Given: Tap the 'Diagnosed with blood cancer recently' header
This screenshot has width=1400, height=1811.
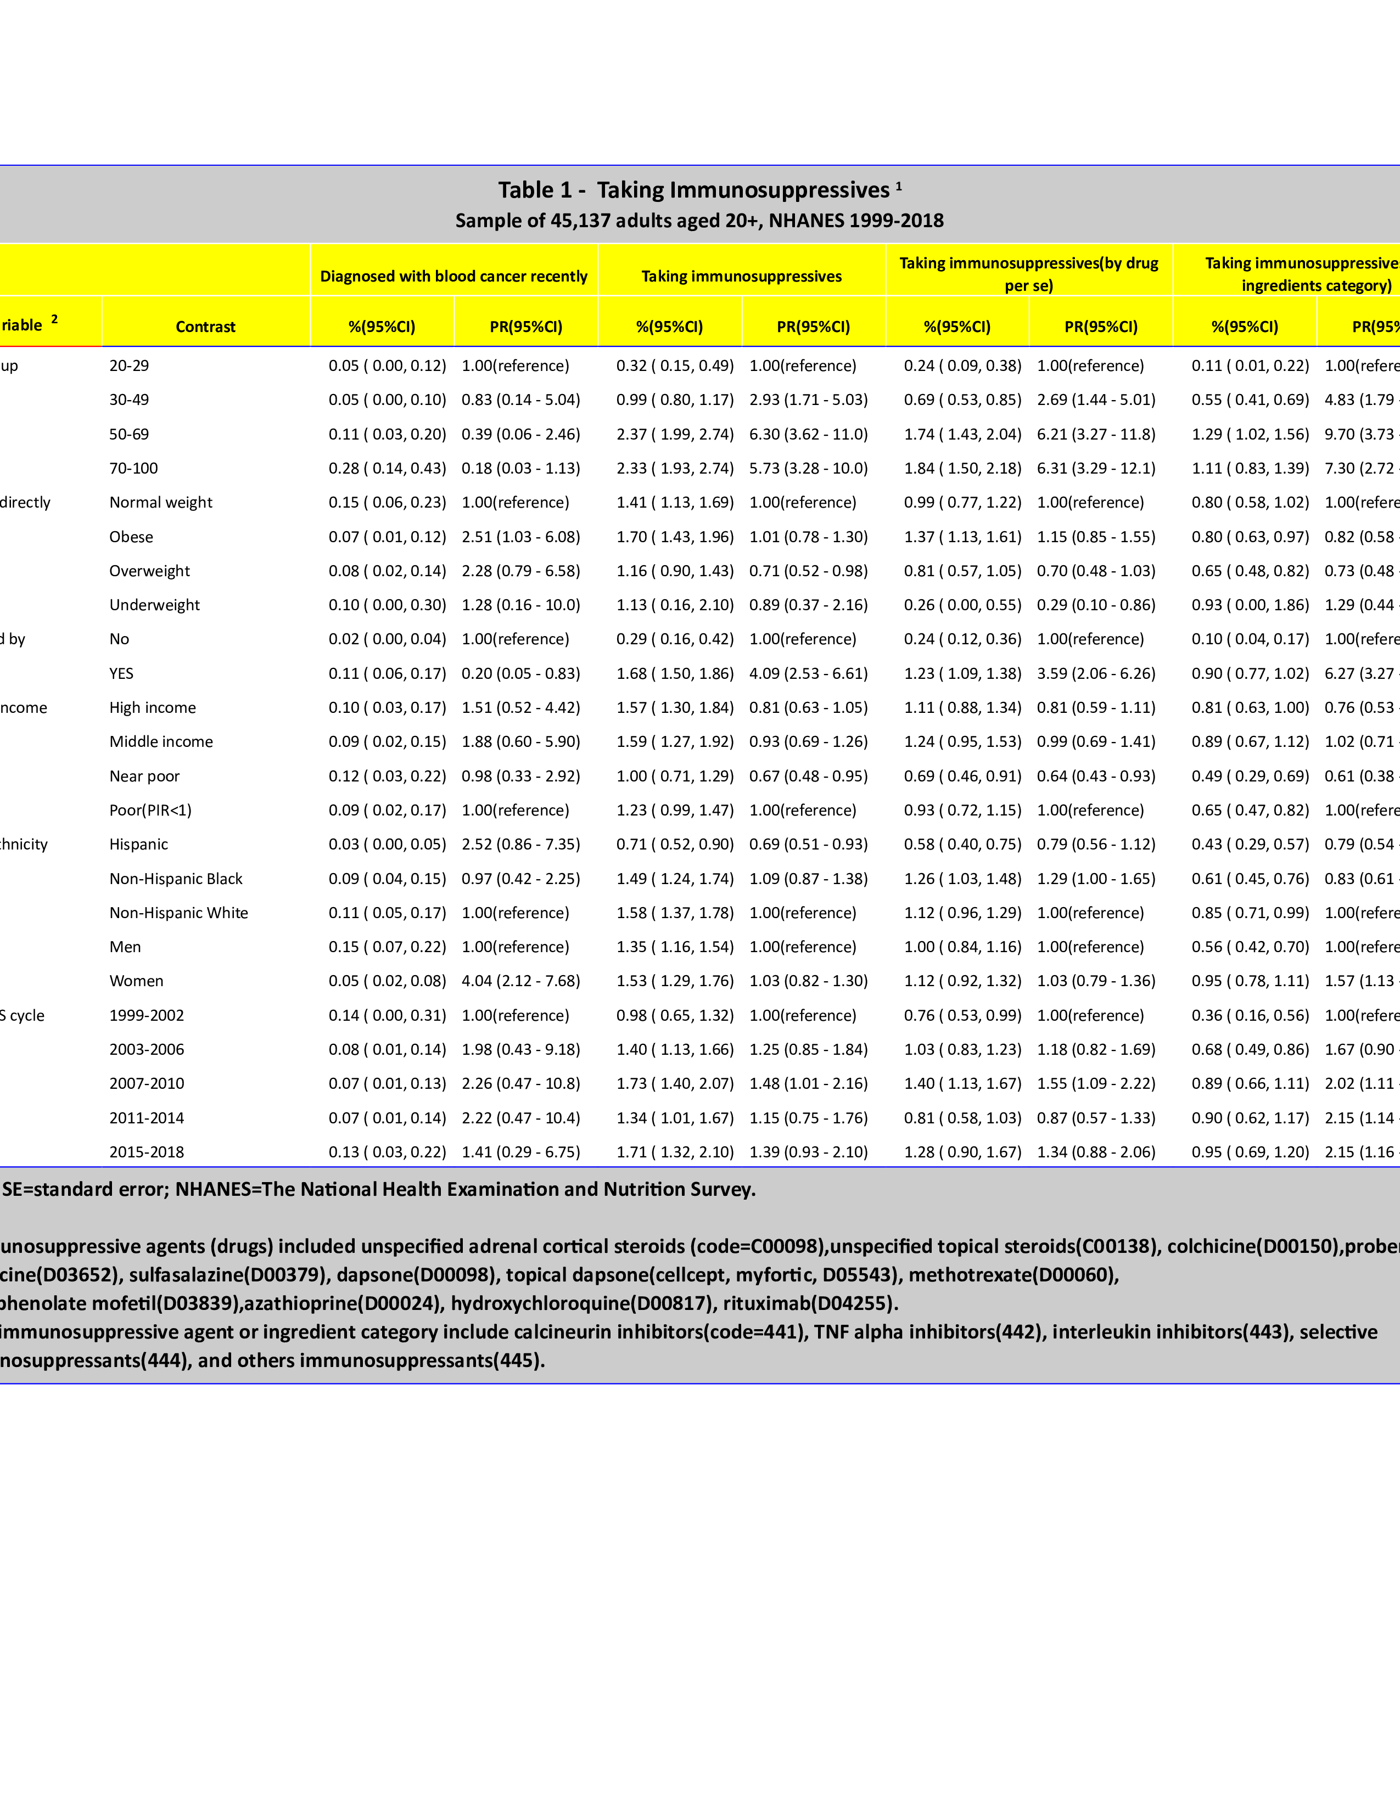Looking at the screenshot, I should pos(453,276).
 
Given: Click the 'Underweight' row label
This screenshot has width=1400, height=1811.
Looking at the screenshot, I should pos(154,605).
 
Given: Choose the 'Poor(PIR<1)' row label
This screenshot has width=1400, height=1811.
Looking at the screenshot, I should pos(150,810).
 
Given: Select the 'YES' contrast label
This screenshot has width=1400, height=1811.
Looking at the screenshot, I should pos(121,673).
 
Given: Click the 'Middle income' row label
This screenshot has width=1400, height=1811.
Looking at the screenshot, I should pos(161,742).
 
